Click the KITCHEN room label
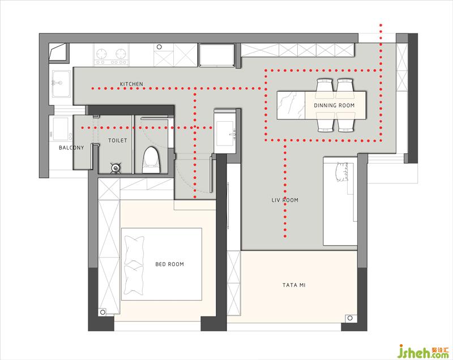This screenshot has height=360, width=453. (131, 84)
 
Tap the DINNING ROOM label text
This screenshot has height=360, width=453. (334, 105)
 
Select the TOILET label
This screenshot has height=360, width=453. (118, 140)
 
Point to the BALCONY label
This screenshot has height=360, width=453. (71, 148)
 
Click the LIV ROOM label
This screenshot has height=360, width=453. (285, 200)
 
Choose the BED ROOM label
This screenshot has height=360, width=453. (169, 264)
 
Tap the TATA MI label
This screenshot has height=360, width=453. (294, 285)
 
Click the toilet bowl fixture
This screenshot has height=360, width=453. (151, 160)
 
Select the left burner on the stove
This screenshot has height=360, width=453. (102, 54)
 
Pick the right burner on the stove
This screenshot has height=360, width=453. (121, 54)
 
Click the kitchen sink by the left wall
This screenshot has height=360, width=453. (61, 83)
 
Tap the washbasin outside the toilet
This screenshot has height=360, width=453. (225, 134)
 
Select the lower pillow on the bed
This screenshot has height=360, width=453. (134, 280)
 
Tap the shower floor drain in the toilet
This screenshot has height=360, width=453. (116, 168)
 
